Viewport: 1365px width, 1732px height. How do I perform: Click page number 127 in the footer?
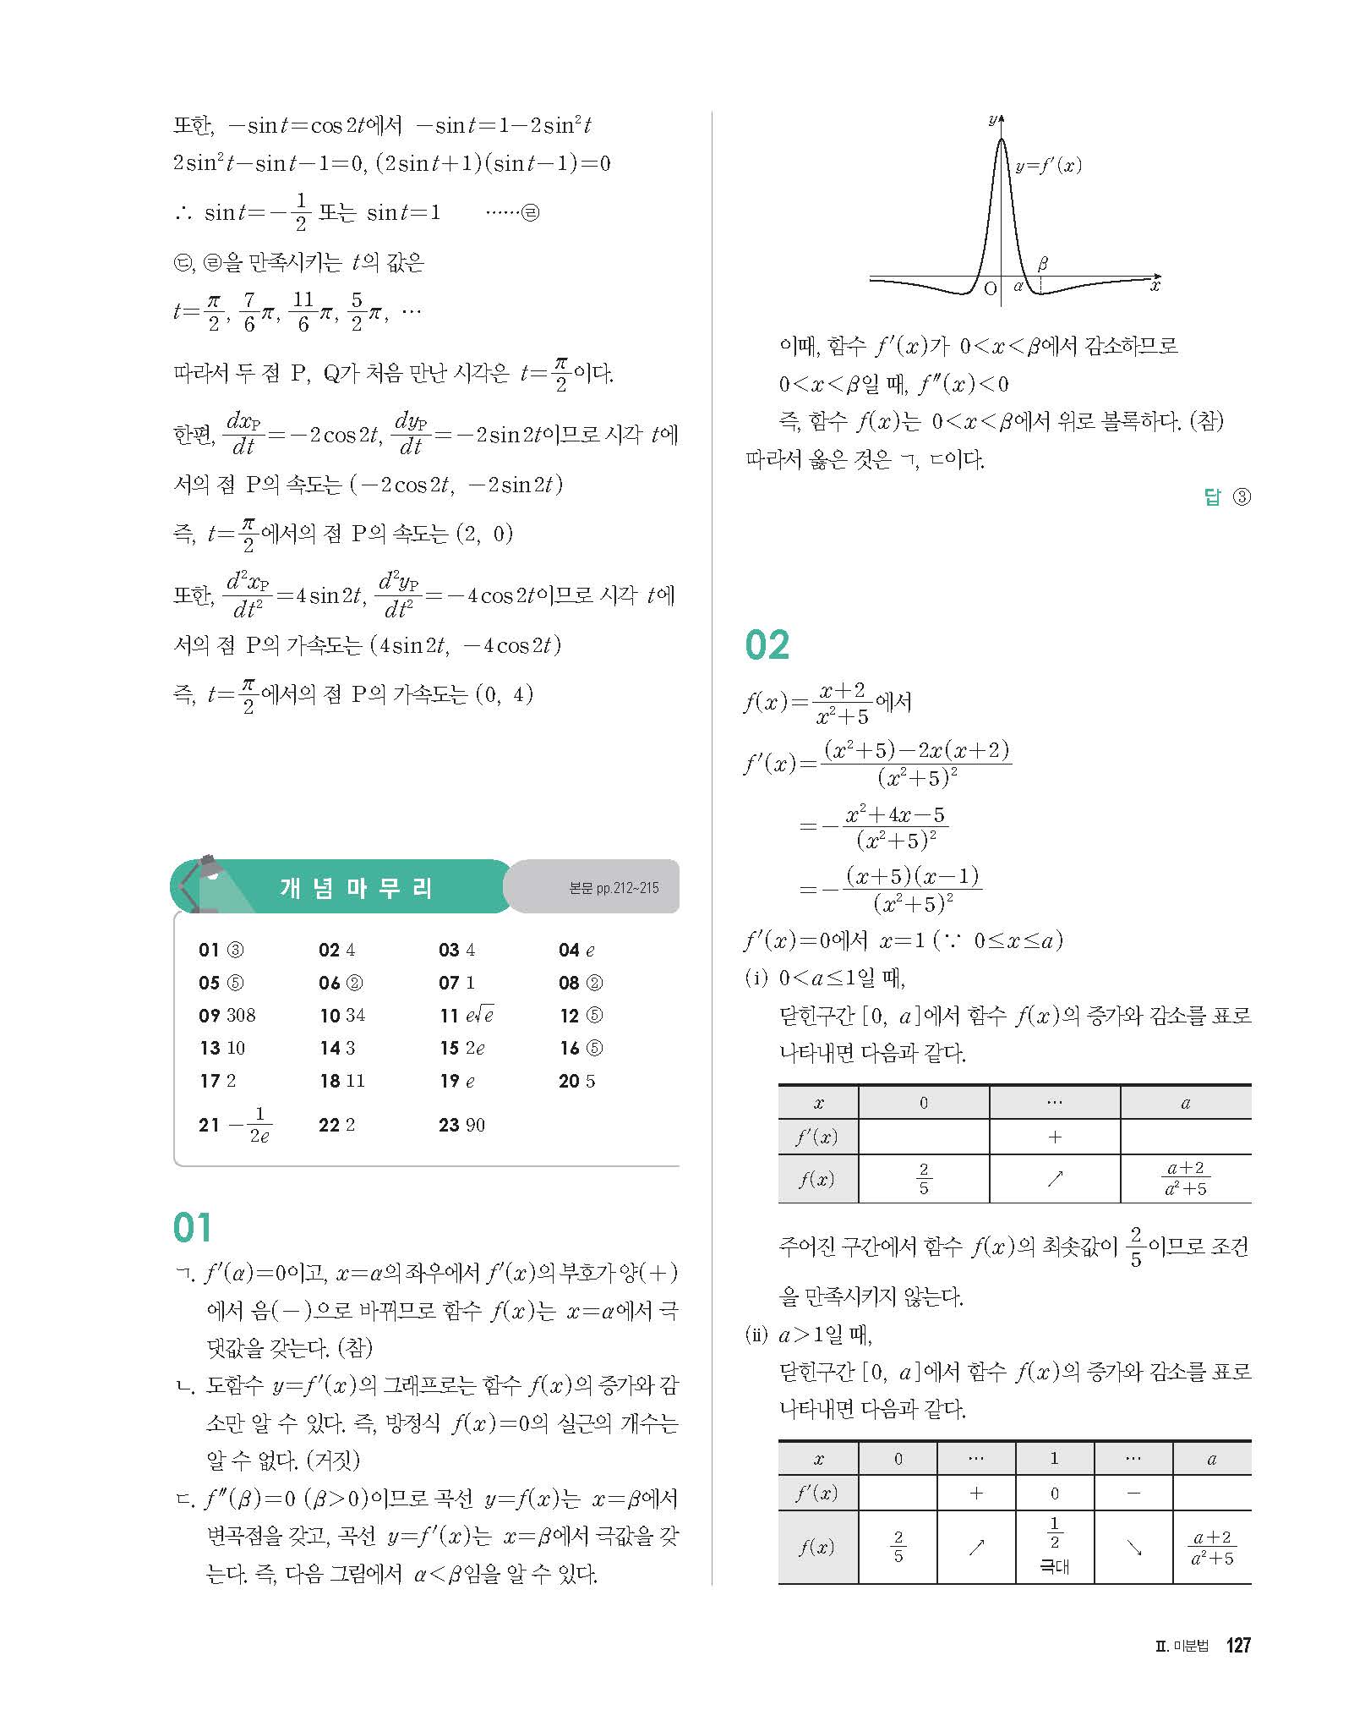(1237, 1669)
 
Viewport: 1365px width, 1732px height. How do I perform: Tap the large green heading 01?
(193, 1228)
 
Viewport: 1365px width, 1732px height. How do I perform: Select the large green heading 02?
(767, 645)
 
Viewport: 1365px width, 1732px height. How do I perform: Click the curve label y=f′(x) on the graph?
(1048, 166)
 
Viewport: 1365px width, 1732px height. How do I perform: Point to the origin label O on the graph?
(991, 288)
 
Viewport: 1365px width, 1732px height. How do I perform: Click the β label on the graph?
(1042, 264)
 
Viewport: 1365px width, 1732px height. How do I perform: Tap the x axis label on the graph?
(1155, 286)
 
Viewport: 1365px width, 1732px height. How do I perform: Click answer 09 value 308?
(240, 1015)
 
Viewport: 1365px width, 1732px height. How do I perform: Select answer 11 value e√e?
(478, 1015)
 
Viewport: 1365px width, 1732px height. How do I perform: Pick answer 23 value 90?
(475, 1125)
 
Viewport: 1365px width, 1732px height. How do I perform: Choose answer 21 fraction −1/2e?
(250, 1125)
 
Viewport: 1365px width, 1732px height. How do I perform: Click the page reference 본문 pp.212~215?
(614, 888)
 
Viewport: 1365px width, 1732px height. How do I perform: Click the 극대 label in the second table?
(1054, 1566)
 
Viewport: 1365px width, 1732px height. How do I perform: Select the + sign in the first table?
(1054, 1137)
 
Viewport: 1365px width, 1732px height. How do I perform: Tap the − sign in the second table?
(1133, 1493)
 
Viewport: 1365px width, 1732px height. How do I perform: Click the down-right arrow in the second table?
(1133, 1548)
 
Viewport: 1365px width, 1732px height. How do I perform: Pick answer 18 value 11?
(355, 1081)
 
